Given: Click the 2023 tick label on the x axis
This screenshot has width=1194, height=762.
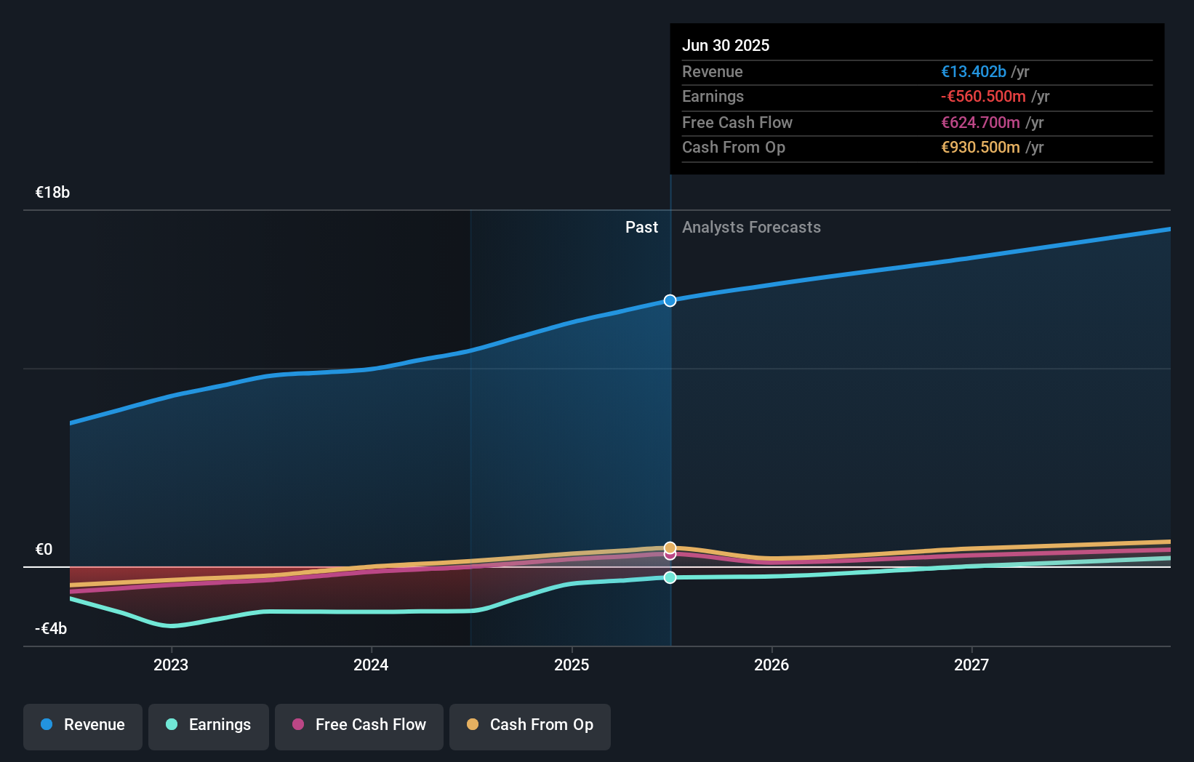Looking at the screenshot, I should pos(171,665).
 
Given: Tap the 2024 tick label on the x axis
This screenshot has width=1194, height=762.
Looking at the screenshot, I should pos(371,665).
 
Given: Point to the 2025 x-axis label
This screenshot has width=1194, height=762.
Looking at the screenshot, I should pos(572,665).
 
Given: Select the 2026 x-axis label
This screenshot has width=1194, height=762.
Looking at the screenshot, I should pos(772,665).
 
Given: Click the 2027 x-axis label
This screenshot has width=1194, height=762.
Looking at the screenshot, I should pos(971,665).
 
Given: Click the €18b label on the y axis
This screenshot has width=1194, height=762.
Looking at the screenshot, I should pos(52,193).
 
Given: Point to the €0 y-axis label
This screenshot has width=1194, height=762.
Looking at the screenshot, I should pos(44,550).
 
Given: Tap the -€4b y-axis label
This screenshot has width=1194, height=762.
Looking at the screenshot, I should pos(51,628).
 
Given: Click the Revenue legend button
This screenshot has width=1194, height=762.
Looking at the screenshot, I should pos(83,725).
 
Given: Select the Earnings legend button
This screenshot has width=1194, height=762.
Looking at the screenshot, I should pos(209,725).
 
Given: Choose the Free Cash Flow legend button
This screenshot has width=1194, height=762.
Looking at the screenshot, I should pos(359,725).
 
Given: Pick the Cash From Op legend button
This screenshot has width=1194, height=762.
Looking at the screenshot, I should pos(530,725).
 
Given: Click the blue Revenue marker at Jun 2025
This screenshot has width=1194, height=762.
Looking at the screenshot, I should pos(670,300).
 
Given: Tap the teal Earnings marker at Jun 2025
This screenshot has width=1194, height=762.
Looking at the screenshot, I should pos(670,577).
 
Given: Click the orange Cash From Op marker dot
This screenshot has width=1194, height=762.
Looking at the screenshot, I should pos(670,548).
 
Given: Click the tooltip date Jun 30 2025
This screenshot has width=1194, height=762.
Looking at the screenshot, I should pos(725,45).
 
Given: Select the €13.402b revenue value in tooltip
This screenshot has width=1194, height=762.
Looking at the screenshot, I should pos(973,71).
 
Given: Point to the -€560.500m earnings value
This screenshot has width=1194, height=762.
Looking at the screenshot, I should pos(983,96).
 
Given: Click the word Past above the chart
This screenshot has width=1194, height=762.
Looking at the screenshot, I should pos(641,228).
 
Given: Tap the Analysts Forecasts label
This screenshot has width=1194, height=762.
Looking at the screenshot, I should pos(751,228).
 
